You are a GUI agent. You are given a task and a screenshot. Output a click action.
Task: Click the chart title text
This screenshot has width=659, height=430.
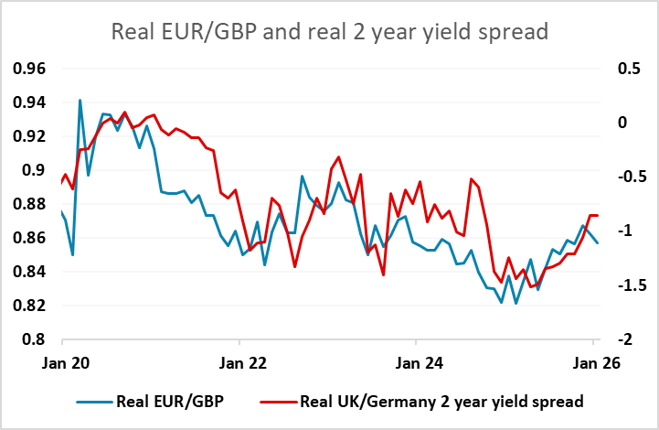329,32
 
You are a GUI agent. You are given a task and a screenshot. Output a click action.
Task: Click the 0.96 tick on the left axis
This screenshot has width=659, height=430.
31,69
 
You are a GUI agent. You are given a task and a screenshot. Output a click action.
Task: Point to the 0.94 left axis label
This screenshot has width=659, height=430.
31,102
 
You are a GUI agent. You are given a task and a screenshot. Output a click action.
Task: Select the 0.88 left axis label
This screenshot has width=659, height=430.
31,204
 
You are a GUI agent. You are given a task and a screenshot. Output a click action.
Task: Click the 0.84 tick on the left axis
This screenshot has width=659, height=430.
31,272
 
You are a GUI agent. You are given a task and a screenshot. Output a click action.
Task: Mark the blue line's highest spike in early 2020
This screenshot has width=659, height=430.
80,100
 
